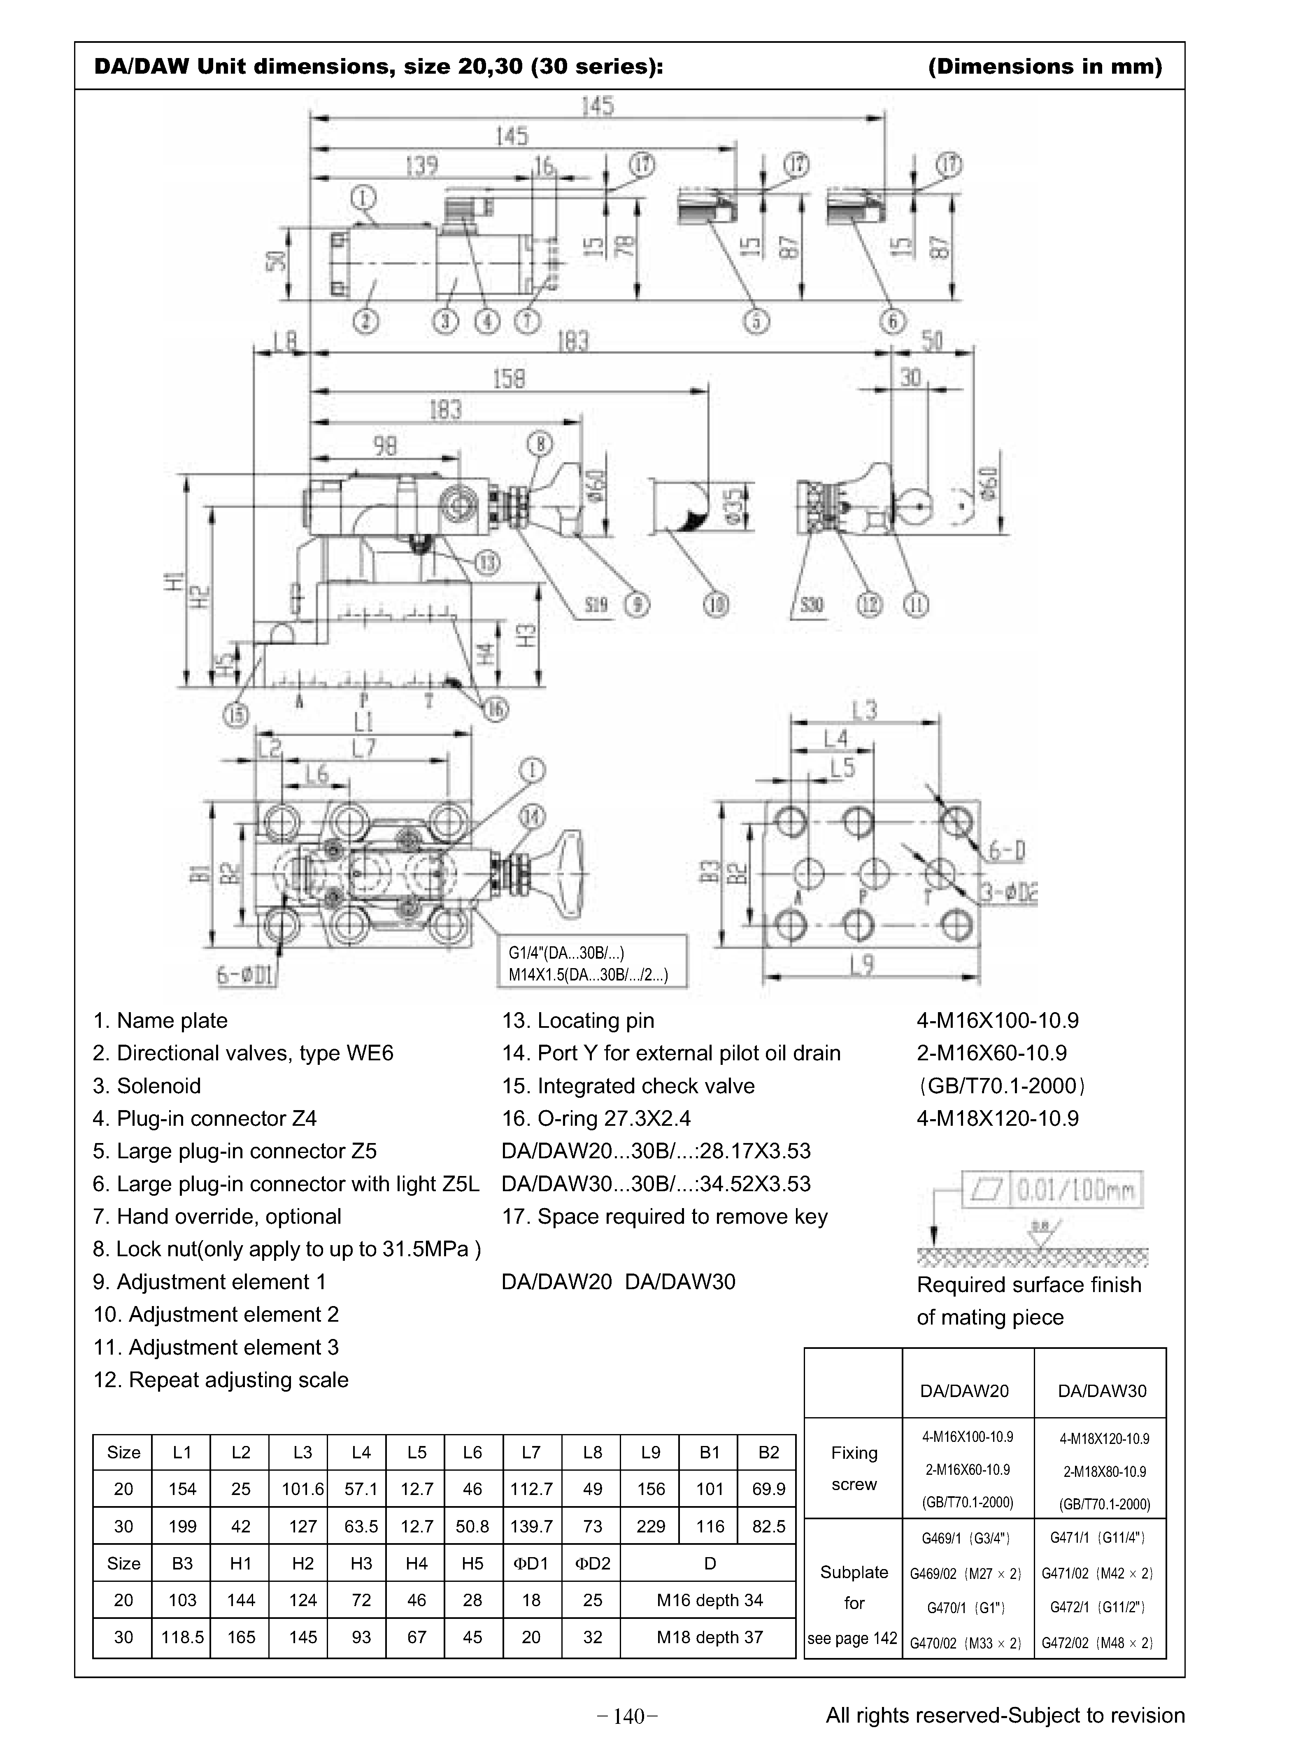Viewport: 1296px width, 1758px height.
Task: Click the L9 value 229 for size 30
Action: coord(650,1526)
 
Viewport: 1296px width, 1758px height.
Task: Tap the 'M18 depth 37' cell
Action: coord(709,1637)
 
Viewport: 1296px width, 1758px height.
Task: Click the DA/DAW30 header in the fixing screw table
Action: coord(1101,1391)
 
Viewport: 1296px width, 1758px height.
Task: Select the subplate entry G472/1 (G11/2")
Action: coord(1100,1607)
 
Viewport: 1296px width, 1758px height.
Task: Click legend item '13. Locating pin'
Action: coord(578,1021)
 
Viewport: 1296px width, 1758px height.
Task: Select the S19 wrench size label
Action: coord(596,605)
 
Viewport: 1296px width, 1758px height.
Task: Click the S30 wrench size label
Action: coord(811,605)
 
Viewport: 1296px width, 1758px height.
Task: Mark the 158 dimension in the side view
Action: coord(508,379)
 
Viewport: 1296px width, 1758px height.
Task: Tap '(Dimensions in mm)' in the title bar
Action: coord(1044,67)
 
